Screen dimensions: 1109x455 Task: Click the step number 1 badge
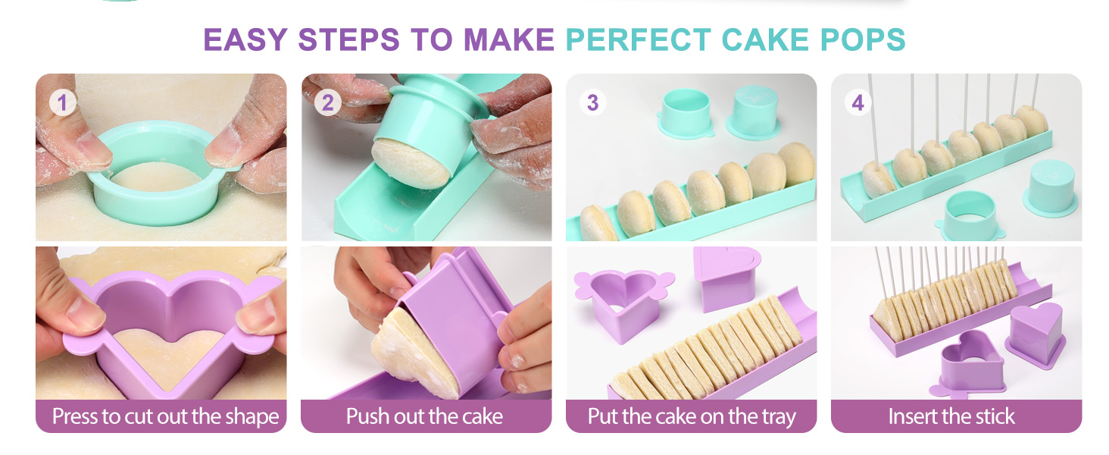tap(62, 102)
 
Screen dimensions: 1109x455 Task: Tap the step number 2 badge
tap(328, 102)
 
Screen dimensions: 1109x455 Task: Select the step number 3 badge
tap(592, 102)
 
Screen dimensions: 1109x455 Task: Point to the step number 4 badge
tap(858, 102)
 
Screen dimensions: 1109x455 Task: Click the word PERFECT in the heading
tap(639, 39)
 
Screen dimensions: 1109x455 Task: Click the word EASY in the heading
tap(245, 39)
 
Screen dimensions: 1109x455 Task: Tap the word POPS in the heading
tap(863, 39)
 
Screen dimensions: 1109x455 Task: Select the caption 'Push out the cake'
tap(424, 416)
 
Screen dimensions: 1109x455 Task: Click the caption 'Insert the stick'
tap(951, 416)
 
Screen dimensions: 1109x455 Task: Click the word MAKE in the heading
tap(509, 39)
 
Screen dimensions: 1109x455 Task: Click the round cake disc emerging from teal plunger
tap(410, 163)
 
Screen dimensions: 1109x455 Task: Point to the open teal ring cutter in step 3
tap(686, 114)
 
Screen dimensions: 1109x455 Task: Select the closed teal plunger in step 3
tap(754, 113)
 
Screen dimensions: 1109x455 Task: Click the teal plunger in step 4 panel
tap(1051, 188)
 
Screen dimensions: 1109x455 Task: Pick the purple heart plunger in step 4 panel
tap(1036, 335)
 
